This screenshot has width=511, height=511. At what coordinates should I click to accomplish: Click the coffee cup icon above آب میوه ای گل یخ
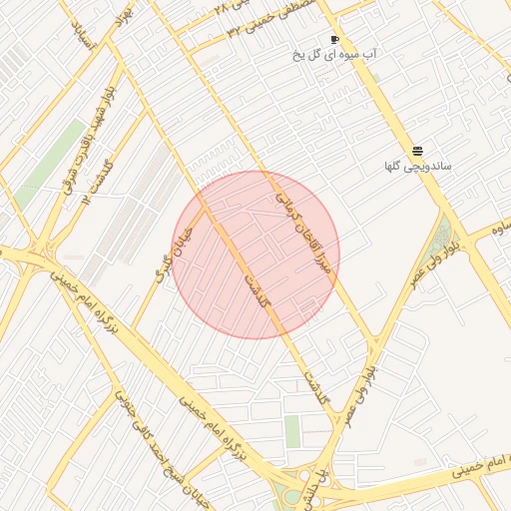click(x=333, y=39)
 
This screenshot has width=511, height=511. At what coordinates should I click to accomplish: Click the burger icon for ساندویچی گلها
click(x=416, y=150)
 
